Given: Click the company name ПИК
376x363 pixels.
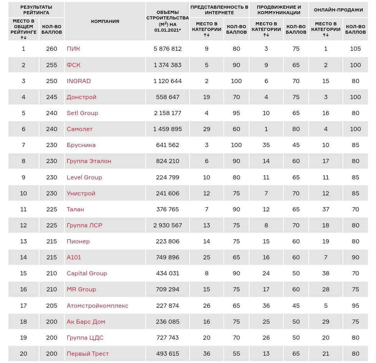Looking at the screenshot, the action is (73, 49).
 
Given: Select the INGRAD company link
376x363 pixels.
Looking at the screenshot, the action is (79, 81).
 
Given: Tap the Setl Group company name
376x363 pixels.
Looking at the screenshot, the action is (82, 113).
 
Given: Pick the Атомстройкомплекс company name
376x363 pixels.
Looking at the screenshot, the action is (97, 306).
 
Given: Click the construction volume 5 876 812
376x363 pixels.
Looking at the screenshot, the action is (167, 49).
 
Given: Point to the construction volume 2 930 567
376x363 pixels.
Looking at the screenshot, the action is (167, 225).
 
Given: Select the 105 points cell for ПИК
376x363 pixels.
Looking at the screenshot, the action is (355, 49).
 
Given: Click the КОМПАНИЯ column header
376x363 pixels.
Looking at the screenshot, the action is (105, 21).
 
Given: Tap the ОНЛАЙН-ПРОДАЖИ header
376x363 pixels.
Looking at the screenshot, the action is (338, 10).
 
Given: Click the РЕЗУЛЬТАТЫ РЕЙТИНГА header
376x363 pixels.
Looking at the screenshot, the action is (36, 10).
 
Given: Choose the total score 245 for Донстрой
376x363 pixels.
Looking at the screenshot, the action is (52, 97).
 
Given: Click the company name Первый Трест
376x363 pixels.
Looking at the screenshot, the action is (87, 354).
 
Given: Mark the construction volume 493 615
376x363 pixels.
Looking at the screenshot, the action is (167, 354).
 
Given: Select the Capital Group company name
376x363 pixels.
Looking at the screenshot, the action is (87, 273).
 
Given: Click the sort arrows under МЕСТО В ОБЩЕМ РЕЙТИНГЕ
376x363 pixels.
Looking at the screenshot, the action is (24, 38).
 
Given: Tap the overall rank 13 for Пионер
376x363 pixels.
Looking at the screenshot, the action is (24, 241).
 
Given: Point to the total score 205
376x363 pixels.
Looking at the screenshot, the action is (52, 306).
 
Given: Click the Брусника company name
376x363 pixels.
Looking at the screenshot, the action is (81, 145).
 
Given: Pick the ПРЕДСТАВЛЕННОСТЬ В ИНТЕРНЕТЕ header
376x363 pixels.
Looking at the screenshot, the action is (219, 10).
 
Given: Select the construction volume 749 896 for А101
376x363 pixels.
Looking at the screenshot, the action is (167, 257).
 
